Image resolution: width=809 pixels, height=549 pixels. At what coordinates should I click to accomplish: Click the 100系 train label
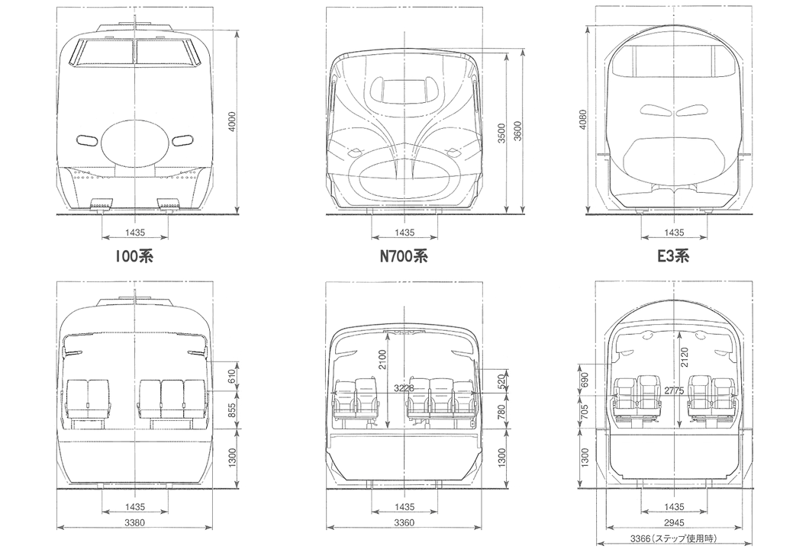click(134, 256)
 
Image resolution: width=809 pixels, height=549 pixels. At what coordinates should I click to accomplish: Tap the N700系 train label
click(404, 256)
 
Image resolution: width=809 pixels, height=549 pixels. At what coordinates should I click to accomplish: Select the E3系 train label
click(673, 256)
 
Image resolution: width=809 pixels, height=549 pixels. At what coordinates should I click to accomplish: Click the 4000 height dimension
click(232, 122)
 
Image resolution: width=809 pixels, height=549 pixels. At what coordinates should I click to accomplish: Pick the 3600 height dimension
click(517, 133)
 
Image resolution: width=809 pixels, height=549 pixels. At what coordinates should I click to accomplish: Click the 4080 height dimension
click(583, 119)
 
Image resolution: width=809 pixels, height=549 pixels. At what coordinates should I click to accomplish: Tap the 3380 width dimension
click(134, 523)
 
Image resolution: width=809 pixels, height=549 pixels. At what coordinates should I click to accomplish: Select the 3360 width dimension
click(404, 523)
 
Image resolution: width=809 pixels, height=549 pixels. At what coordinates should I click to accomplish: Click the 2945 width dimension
click(675, 523)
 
